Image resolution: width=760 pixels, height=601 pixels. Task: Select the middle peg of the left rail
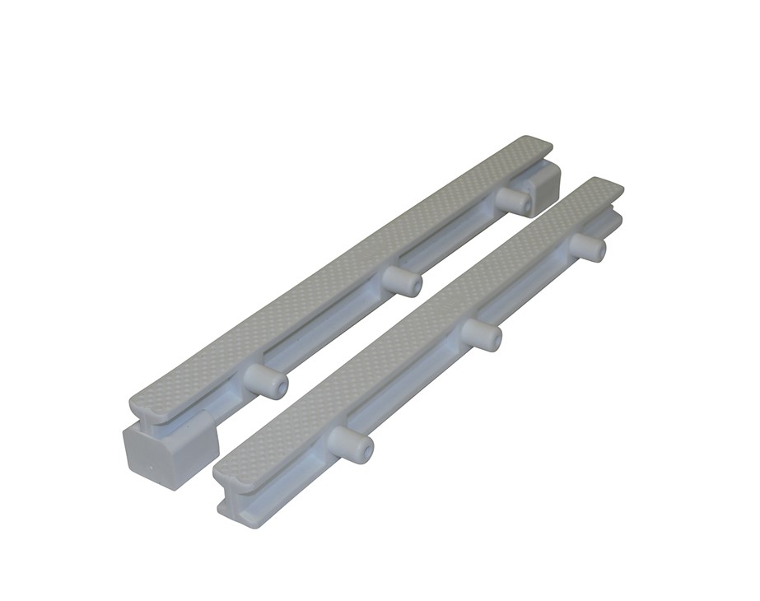pos(402,280)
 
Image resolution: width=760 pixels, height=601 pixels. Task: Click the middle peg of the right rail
pos(482,333)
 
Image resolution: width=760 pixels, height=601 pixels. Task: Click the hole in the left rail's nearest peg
pos(283,385)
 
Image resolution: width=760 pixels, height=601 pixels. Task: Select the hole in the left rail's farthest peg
pos(528,204)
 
